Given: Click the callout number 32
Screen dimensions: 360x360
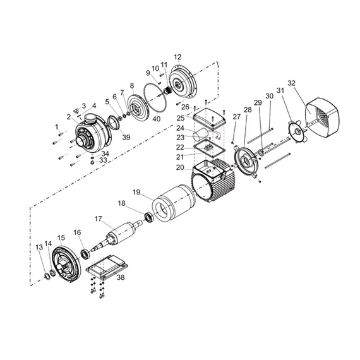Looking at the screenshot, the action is point(291,83).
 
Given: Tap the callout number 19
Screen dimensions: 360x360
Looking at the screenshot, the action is point(136,192).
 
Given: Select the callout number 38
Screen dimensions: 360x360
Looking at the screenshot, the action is point(121,277).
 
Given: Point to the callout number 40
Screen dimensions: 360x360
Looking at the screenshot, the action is point(157,119).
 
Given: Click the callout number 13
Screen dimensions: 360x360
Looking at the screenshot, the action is point(39,248).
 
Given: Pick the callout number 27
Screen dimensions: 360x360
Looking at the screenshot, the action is point(236,117).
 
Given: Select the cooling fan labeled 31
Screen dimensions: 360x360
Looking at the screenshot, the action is point(297,132).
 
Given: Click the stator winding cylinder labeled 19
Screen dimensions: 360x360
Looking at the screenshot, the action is point(174,203).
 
